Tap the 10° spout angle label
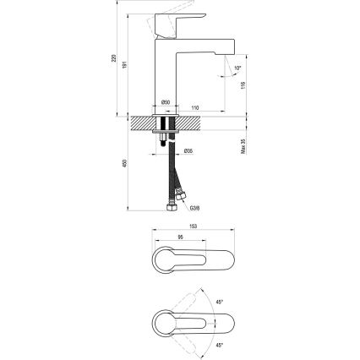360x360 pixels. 237,67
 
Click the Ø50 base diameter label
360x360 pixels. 166,103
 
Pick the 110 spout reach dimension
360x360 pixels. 194,107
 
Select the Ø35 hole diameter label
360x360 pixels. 188,151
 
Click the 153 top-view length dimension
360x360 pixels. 193,226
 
